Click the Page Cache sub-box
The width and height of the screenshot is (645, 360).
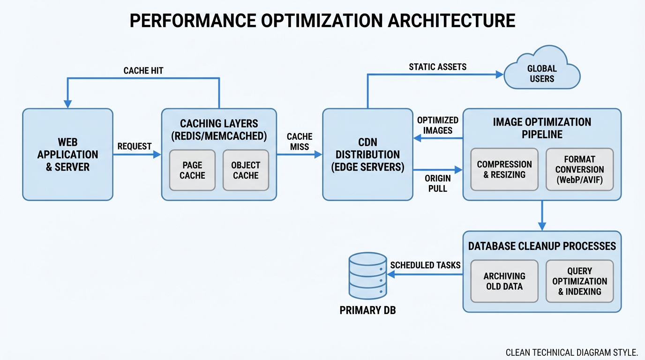192,170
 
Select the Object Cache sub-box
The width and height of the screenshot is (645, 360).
246,170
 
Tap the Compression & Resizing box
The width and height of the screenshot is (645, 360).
504,169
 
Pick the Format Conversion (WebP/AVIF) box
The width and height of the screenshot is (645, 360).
579,169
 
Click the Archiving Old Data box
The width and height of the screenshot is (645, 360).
504,281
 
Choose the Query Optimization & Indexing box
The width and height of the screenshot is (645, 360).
579,281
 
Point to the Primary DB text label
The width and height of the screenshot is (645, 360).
368,310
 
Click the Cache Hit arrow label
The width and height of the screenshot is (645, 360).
143,71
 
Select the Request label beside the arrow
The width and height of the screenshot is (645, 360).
135,146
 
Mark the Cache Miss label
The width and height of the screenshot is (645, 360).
300,142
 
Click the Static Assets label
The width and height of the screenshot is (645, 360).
438,67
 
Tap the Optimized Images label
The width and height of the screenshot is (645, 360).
438,125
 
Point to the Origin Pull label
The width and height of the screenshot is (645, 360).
438,183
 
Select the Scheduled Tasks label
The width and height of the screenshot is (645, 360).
426,265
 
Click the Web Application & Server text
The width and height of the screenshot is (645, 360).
67,154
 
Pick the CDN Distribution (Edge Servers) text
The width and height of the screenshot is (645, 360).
368,154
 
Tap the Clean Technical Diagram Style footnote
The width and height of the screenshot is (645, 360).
572,352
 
